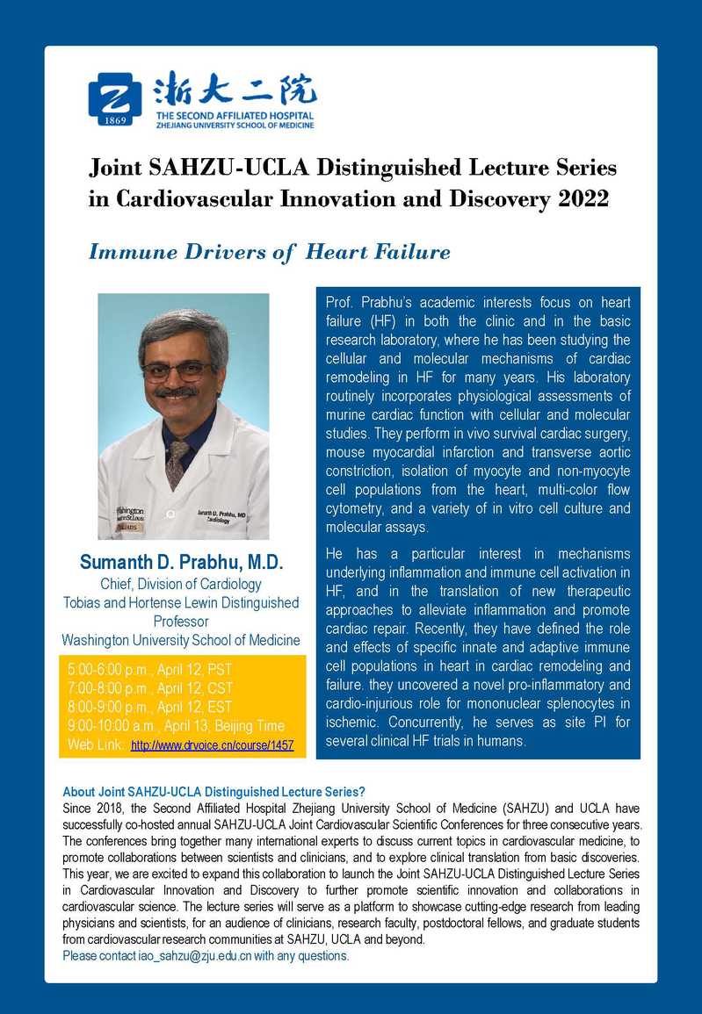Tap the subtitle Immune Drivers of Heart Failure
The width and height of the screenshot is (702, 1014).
tap(269, 253)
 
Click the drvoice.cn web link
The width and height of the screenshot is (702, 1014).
tap(212, 745)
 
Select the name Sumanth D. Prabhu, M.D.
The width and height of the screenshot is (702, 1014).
tap(182, 562)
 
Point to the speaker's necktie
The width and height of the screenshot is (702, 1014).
tap(178, 461)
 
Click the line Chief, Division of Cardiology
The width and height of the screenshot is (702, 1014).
tap(181, 584)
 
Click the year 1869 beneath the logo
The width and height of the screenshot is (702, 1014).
tap(114, 120)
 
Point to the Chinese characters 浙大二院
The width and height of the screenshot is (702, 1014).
tap(234, 90)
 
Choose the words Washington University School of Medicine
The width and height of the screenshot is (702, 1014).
tap(181, 639)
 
